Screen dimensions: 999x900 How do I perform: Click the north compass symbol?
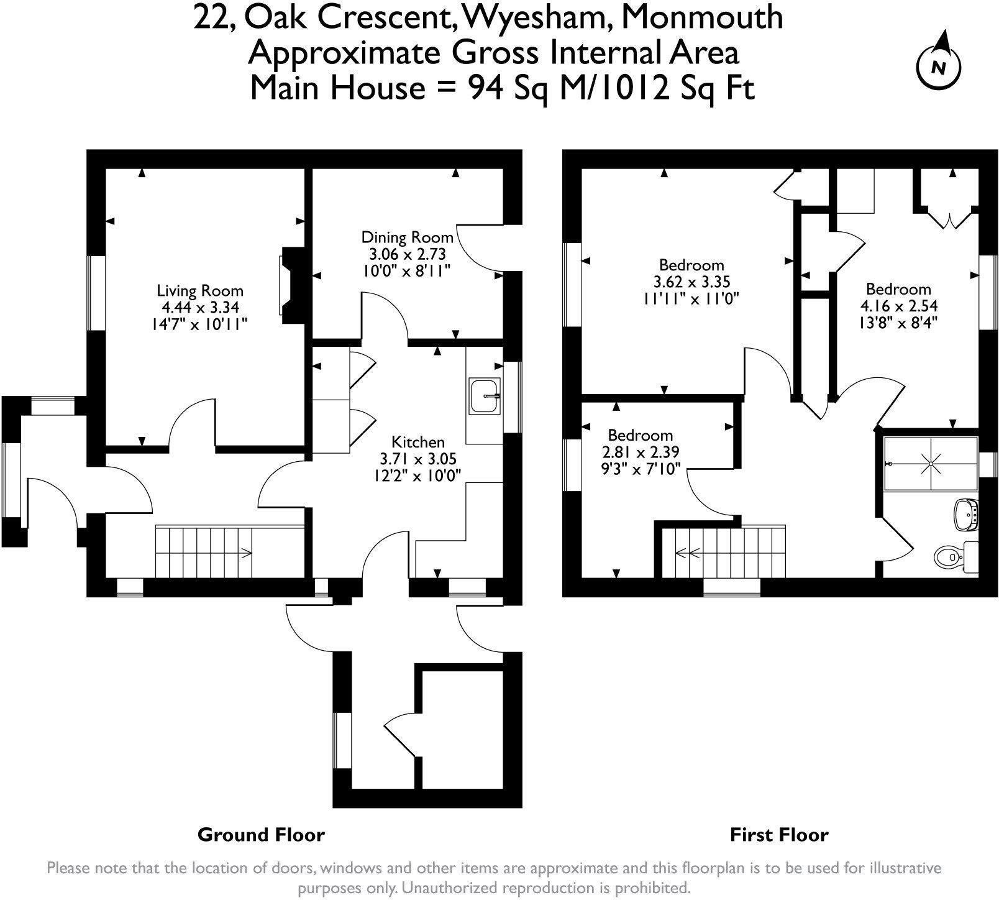coord(939,65)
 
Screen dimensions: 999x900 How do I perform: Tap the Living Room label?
coord(200,290)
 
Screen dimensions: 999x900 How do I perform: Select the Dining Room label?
coord(407,237)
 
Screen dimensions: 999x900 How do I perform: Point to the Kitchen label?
coord(418,442)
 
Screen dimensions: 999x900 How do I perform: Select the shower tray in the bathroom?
coord(931,462)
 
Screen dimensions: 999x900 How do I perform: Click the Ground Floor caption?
coord(261,834)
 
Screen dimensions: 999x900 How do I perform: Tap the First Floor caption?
coord(779,834)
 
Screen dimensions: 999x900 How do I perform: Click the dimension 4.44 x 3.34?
coord(201,306)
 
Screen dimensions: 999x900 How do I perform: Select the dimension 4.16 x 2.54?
coord(898,306)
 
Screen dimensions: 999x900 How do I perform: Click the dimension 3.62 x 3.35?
coord(691,282)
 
